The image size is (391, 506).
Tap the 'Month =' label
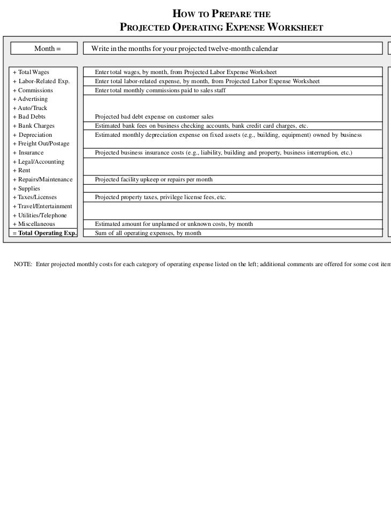48,49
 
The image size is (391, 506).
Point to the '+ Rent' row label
21,171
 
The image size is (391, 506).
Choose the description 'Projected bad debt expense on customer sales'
154,117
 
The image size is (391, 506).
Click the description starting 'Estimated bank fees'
201,126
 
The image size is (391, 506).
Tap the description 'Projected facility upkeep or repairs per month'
154,179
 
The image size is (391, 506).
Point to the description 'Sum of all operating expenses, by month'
148,233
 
